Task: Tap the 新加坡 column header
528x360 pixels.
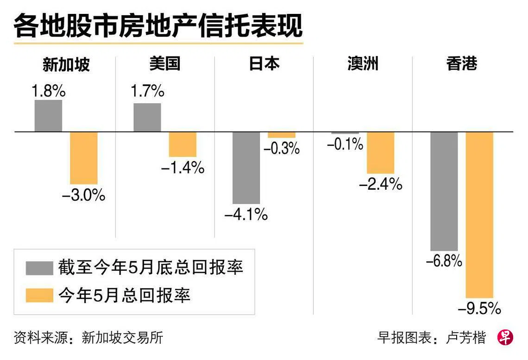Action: tap(66, 65)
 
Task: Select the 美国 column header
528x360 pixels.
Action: tap(164, 64)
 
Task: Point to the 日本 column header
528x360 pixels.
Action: tap(264, 64)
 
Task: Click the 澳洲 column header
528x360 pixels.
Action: tap(363, 64)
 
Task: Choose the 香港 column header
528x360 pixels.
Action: tap(462, 64)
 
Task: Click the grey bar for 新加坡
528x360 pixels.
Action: tap(48, 116)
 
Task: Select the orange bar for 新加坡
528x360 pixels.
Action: tap(84, 158)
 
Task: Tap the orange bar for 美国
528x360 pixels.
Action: tap(182, 144)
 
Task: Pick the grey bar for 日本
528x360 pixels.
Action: tap(246, 168)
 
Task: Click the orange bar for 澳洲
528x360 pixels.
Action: tap(380, 153)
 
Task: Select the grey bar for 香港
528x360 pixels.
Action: tap(444, 191)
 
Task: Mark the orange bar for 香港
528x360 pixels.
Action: tap(479, 215)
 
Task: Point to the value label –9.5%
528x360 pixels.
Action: tap(479, 308)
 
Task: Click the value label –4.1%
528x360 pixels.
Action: tap(246, 215)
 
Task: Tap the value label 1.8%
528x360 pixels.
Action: tap(48, 91)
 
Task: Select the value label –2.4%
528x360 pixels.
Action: tap(381, 185)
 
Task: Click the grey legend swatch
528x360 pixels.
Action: tap(39, 268)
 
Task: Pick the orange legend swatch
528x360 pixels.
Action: tap(39, 295)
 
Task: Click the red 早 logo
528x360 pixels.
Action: tap(505, 337)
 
